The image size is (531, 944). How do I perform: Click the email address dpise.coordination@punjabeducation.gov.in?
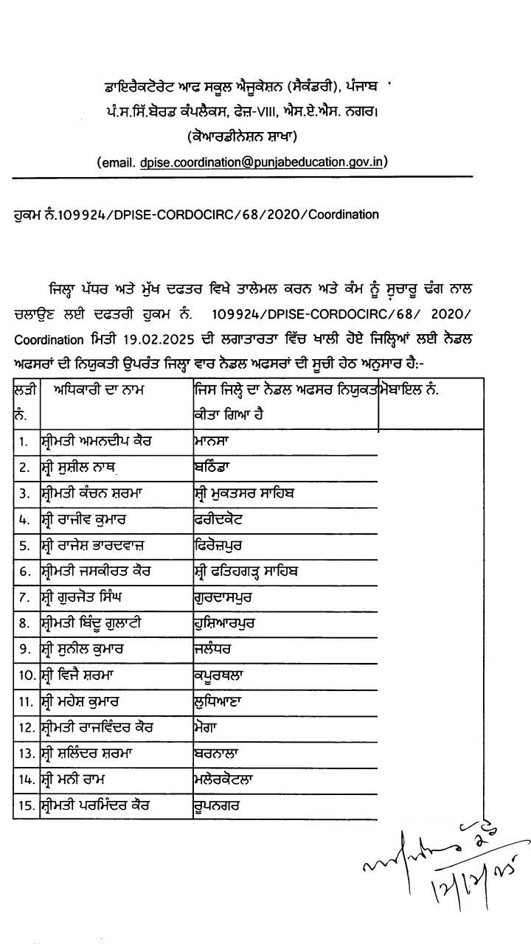[263, 162]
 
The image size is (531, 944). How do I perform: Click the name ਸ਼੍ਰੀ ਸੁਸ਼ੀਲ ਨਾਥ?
[79, 467]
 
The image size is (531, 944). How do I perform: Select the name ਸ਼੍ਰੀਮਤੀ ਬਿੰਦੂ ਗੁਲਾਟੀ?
[91, 623]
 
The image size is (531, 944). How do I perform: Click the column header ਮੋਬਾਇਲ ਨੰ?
[413, 389]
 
